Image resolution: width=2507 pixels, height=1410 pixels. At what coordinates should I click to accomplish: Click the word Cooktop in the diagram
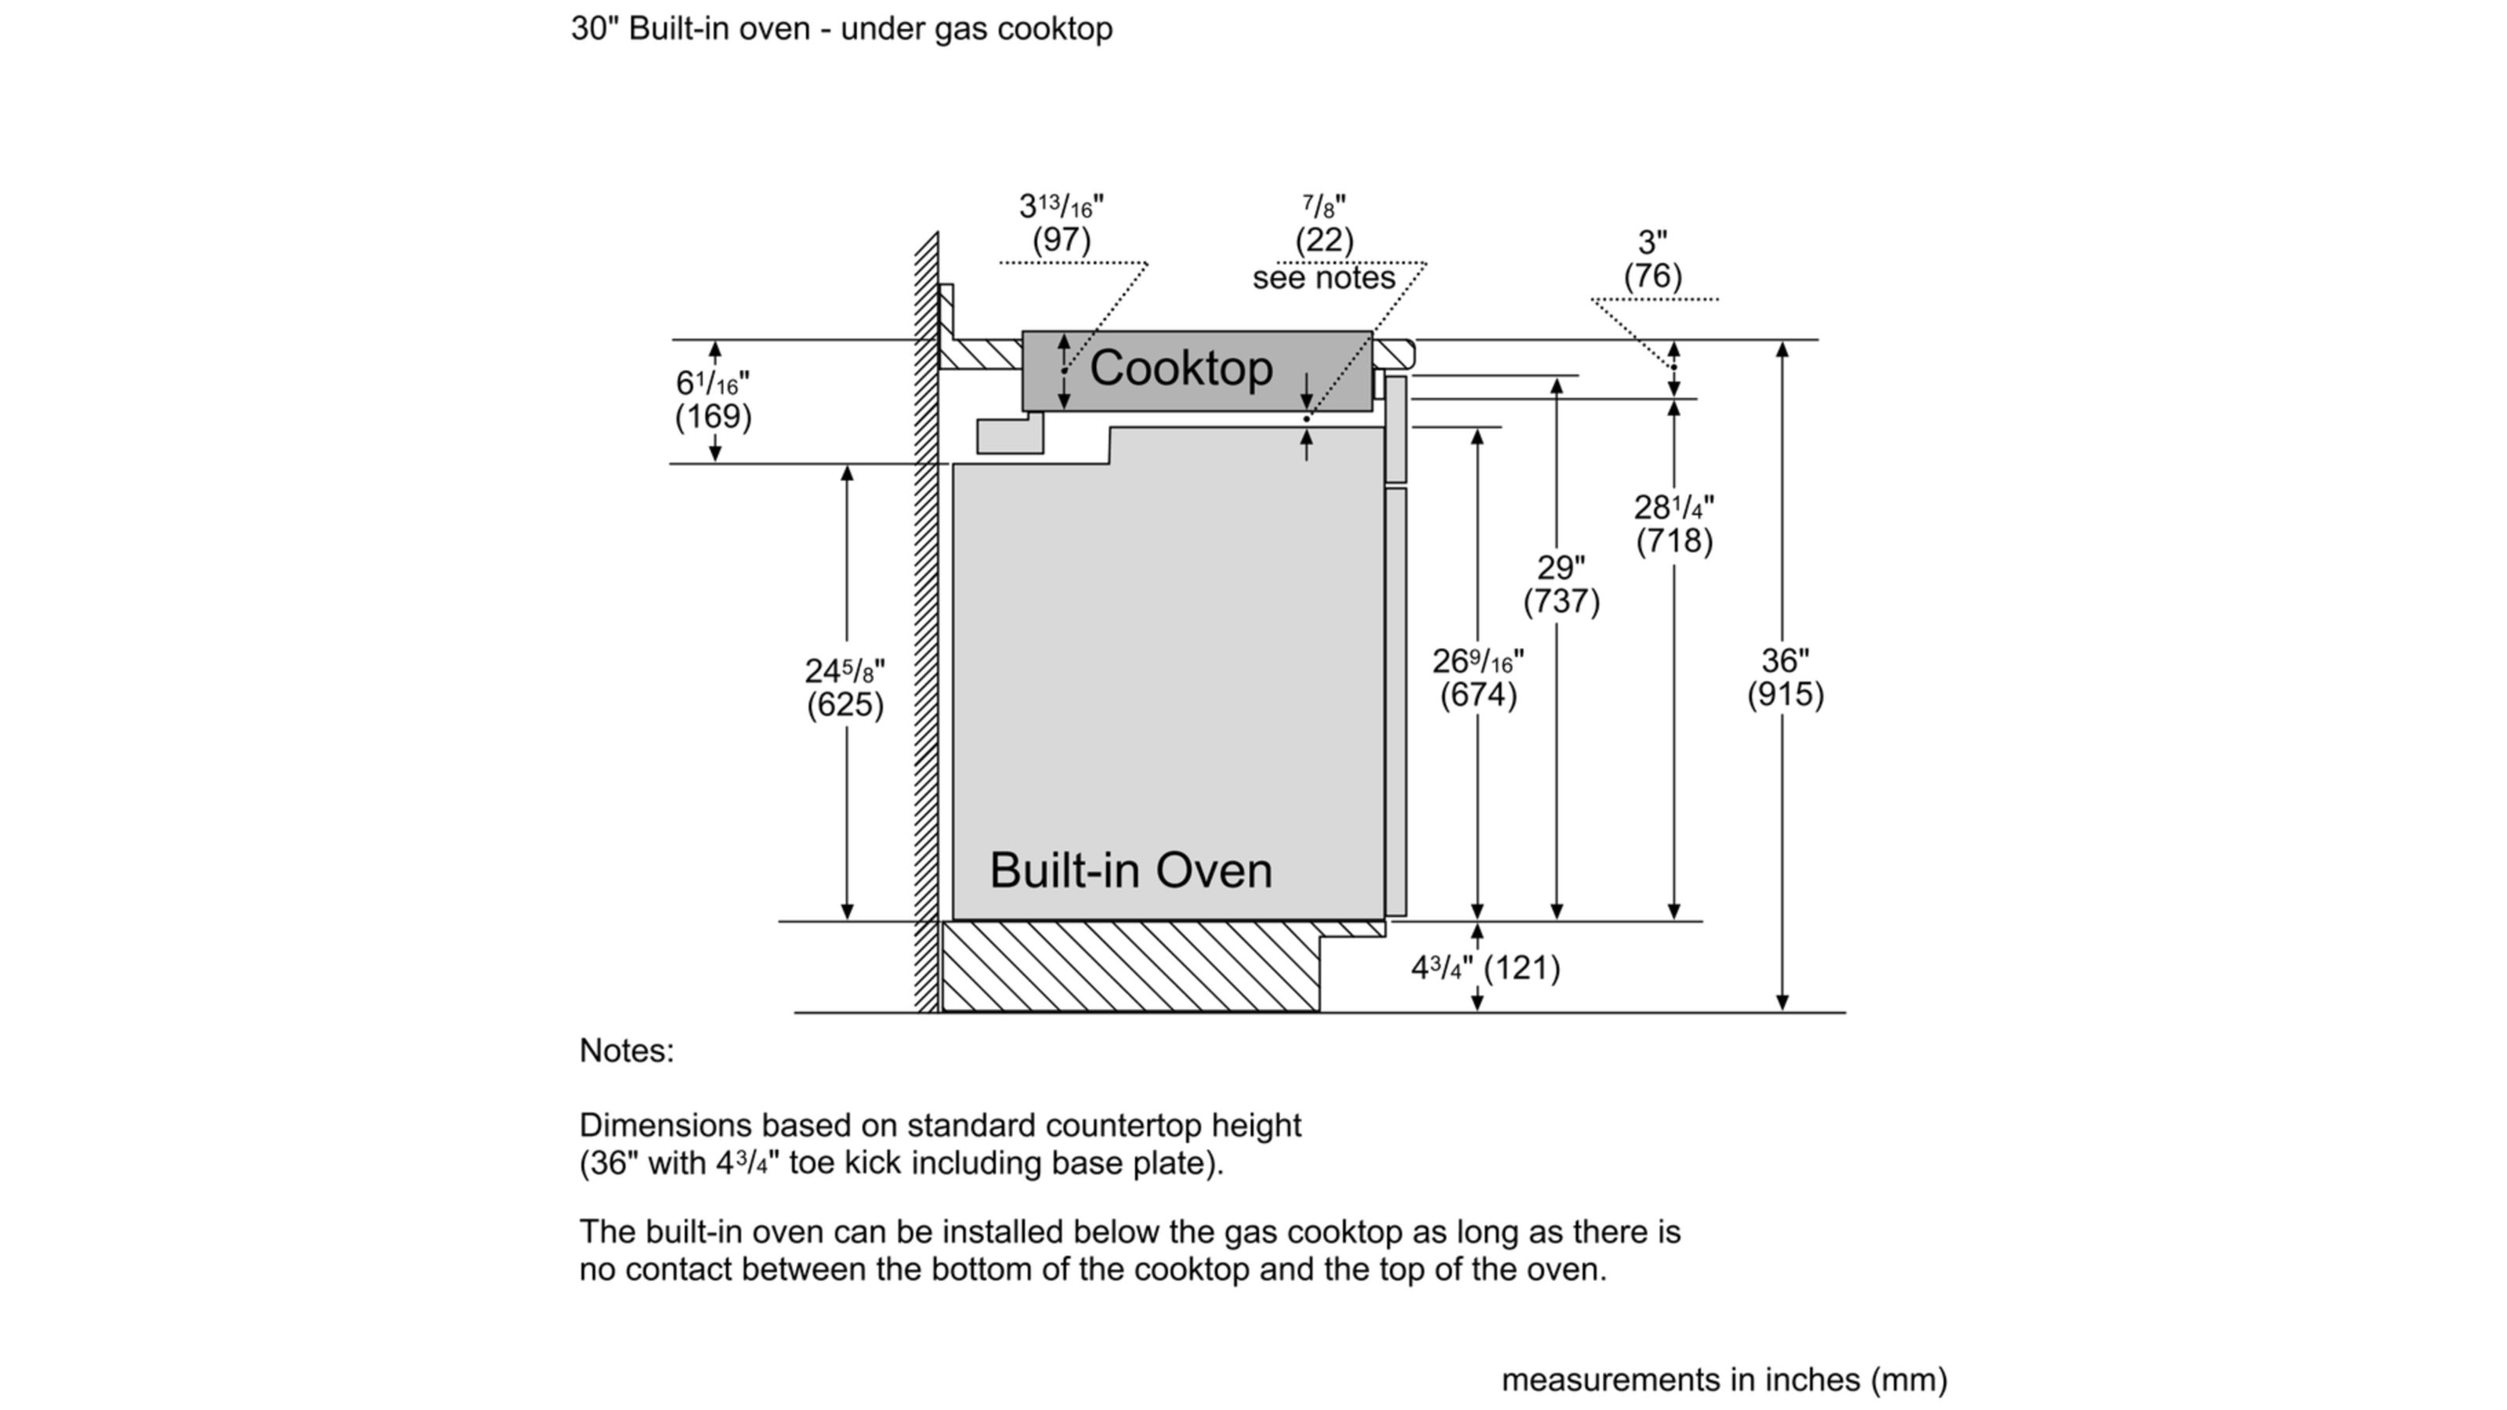[1181, 369]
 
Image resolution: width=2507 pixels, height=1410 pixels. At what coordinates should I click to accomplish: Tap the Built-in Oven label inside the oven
[1130, 870]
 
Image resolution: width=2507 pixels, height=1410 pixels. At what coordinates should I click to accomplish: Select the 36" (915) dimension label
[1785, 678]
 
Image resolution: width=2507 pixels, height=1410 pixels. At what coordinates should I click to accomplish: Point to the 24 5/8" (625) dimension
[845, 688]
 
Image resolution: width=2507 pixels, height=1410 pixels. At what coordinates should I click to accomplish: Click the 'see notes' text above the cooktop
[1323, 278]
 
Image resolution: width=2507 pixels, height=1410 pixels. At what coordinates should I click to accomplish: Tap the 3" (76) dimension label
[1652, 258]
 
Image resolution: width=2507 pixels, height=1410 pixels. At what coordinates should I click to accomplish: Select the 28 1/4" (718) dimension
[1674, 523]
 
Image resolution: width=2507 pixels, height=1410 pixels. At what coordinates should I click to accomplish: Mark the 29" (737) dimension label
[1561, 584]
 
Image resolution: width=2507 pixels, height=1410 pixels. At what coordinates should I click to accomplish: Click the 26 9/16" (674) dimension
[1478, 678]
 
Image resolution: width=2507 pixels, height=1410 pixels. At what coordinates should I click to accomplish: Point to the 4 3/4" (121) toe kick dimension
[1485, 967]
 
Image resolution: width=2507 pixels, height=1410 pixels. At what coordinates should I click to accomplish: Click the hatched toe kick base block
[1129, 967]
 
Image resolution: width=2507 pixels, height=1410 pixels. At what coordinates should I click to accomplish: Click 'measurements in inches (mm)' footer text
[1724, 1379]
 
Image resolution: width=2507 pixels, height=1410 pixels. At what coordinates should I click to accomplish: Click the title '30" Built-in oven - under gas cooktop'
[841, 28]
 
